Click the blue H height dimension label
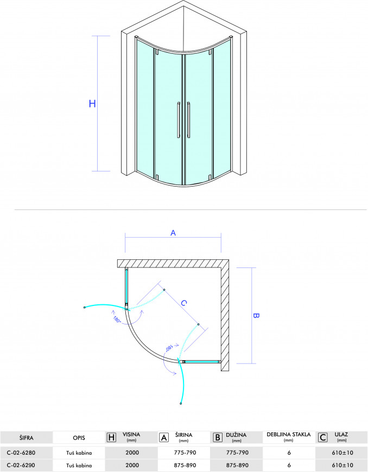[x=92, y=104]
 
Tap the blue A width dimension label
[x=173, y=233]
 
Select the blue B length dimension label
[x=256, y=315]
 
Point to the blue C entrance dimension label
[x=183, y=303]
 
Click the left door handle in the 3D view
[x=179, y=120]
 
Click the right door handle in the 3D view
[x=188, y=120]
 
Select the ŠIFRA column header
[x=27, y=438]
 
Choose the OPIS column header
[x=79, y=438]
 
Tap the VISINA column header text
[x=131, y=435]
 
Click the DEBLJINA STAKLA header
[x=289, y=435]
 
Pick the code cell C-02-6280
[x=21, y=452]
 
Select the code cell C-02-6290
[x=21, y=465]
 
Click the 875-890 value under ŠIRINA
[x=185, y=465]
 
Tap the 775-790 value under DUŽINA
[x=237, y=452]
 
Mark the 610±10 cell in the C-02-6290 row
[x=343, y=465]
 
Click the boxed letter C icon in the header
[x=323, y=437]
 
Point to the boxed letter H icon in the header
[x=111, y=437]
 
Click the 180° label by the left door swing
[x=117, y=320]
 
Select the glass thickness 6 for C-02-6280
[x=289, y=452]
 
